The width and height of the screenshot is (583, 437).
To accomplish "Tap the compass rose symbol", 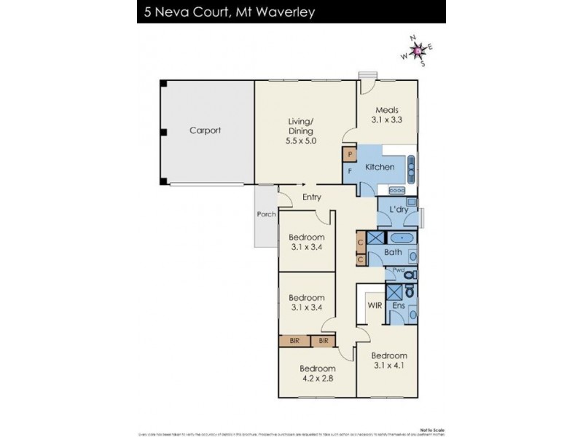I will pos(418,50).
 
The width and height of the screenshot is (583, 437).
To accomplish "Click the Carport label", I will pos(205,131).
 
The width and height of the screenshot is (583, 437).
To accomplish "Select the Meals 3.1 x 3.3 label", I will pos(386,116).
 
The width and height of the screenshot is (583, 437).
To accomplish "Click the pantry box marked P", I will pos(351,154).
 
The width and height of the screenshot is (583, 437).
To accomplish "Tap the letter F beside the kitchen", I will pos(351,170).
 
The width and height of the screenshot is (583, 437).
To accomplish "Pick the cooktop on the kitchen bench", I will pos(397,190).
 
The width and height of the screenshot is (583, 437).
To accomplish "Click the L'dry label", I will pos(398,210).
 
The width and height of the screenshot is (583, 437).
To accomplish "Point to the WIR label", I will pos(375,306).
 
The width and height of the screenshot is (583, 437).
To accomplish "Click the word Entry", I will pos(312,197).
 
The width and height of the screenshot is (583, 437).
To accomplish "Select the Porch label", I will pos(265,215).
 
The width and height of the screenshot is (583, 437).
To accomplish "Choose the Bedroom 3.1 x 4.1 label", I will pos(390,360).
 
